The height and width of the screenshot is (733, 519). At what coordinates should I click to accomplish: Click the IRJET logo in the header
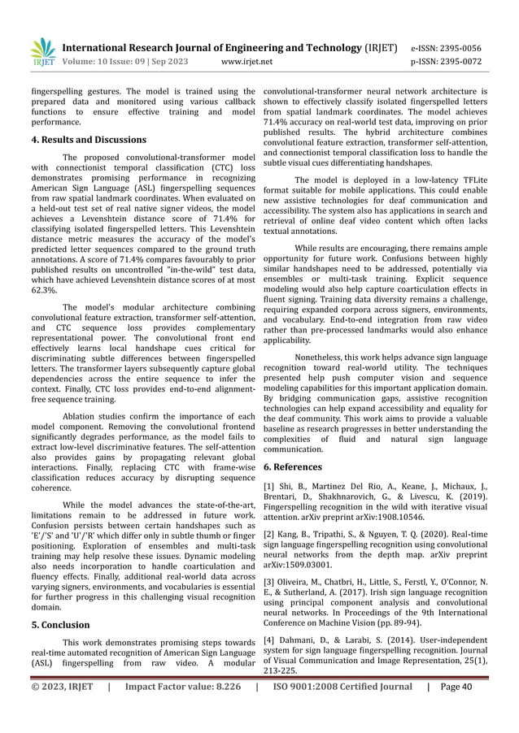[x=41, y=51]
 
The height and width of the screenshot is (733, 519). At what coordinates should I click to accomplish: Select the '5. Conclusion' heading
[x=60, y=625]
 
